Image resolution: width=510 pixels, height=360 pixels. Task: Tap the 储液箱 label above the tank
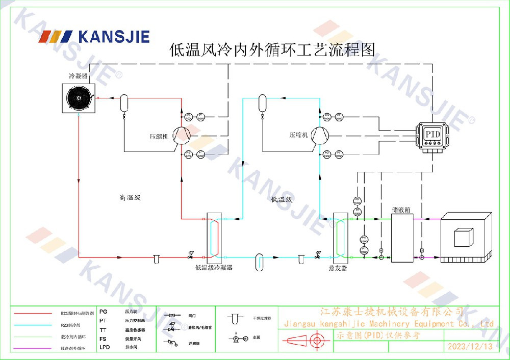[x=401, y=210]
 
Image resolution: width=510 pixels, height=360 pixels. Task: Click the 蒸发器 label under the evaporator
[x=338, y=268]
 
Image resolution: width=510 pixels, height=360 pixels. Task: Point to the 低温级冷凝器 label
[x=214, y=267]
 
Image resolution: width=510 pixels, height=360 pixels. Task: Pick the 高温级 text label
[x=130, y=198]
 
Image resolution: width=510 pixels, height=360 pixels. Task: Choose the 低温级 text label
[x=282, y=199]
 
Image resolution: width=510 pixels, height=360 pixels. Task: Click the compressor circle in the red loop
[x=181, y=135]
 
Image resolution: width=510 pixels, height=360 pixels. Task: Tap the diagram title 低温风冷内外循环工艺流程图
[x=272, y=49]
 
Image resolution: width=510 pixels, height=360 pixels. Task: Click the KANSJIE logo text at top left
[x=114, y=37]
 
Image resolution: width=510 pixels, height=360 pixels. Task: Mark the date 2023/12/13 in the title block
[x=470, y=347]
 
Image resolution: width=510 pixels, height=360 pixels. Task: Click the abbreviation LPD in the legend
[x=105, y=347]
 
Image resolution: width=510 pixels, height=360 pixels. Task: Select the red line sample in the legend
[x=34, y=313]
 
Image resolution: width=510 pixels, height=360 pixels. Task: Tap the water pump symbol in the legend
[x=236, y=338]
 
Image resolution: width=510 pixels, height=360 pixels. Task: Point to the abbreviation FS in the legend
[x=103, y=339]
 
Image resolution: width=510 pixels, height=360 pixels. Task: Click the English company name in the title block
[x=388, y=324]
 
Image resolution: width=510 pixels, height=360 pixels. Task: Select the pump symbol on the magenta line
[x=422, y=258]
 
